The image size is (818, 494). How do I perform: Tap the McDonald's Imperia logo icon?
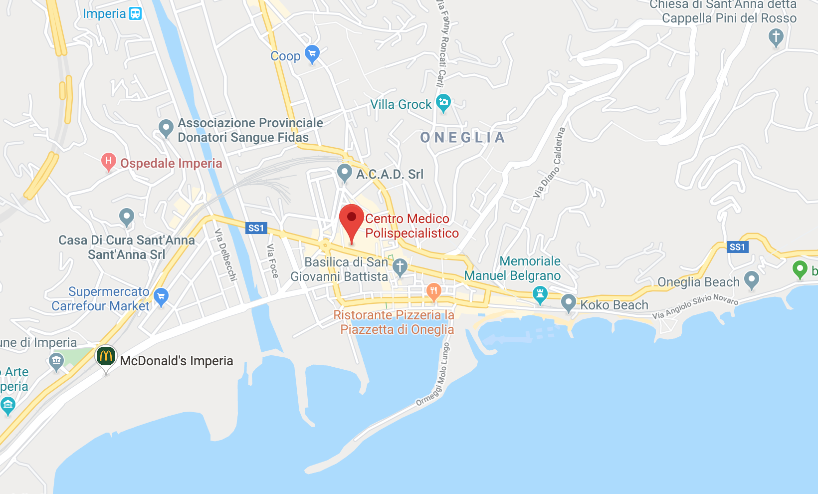point(106,357)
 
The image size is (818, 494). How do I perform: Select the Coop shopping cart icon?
point(312,54)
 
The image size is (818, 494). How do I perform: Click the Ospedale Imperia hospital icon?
point(108,162)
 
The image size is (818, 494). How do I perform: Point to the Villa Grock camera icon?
point(443,103)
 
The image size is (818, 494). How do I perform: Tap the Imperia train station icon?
point(135,13)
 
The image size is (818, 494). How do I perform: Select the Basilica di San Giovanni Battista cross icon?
point(400,267)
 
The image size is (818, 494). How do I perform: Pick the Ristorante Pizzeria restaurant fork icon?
point(433,291)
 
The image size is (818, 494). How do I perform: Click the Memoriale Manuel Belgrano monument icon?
point(540,294)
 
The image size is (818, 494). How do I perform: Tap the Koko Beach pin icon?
point(568,302)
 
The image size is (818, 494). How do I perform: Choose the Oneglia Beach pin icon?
point(751,280)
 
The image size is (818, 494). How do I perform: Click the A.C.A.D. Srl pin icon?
point(344,173)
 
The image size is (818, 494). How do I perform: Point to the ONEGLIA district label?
point(462,138)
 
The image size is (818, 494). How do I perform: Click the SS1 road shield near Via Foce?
point(256,228)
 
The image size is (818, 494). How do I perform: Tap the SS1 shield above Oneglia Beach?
point(737,247)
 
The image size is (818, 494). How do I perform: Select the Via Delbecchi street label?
point(225,254)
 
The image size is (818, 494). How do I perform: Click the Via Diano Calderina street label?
point(549,162)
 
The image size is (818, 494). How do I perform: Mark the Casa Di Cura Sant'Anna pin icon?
point(127,217)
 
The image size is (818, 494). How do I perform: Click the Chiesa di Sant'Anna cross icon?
point(776,37)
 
